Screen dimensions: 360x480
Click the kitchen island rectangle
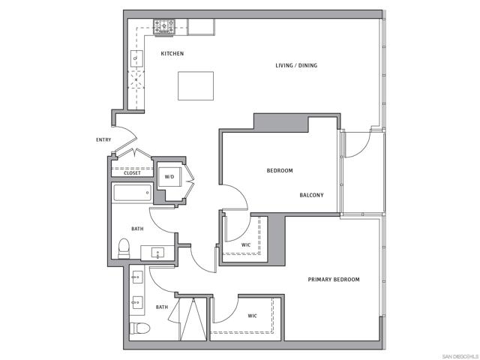[195, 85]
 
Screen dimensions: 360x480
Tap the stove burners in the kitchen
[164, 28]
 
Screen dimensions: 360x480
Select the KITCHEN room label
[172, 54]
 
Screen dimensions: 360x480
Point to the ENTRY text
[104, 140]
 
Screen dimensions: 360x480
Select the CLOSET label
[132, 173]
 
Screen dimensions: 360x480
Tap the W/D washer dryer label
[169, 177]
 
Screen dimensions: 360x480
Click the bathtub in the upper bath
[132, 194]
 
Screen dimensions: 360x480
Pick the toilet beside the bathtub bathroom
[124, 247]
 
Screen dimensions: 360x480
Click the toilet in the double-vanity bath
[139, 328]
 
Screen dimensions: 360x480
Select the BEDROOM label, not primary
[280, 171]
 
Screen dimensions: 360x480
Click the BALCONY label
[311, 196]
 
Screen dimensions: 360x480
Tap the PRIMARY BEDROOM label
[334, 280]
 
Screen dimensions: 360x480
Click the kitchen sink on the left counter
[136, 58]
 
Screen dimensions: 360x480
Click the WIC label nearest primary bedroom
[253, 316]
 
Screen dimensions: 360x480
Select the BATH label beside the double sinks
[162, 307]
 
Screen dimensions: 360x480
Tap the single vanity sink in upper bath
[158, 253]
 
